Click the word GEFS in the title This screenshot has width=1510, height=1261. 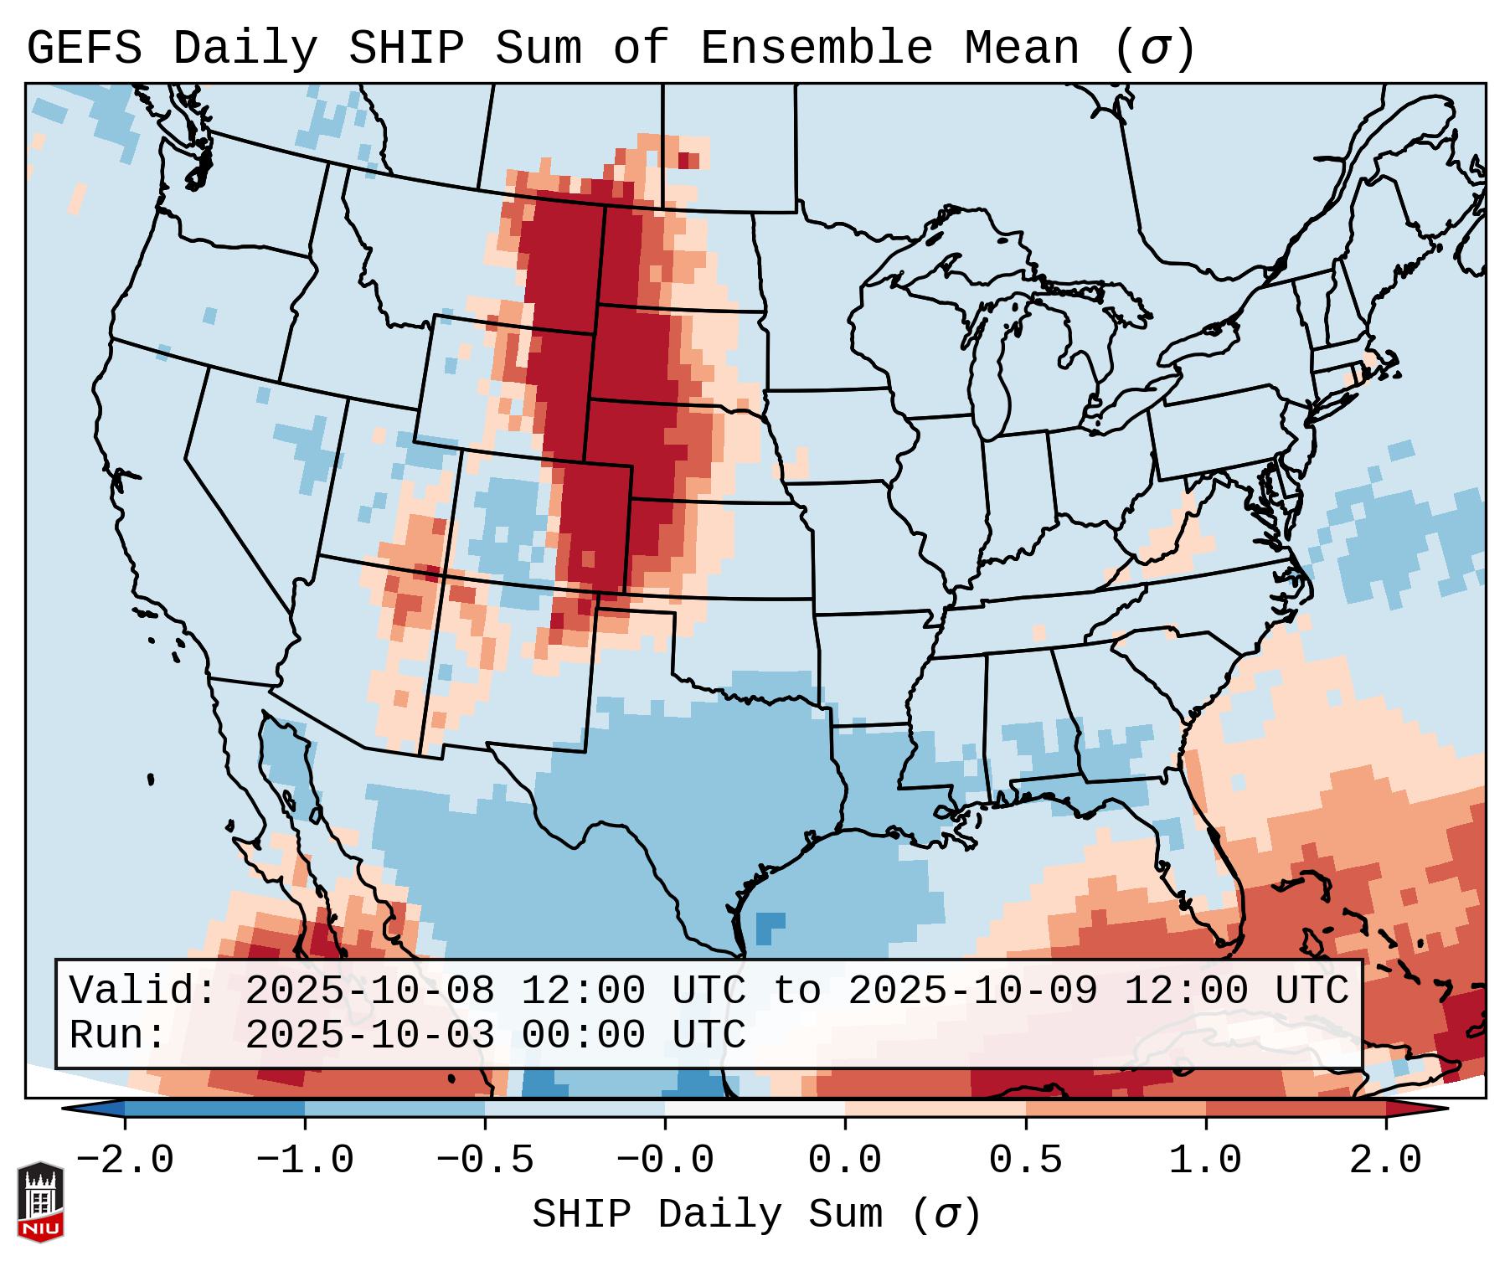click(x=84, y=48)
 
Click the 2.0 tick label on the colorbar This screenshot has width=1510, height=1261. click(x=1385, y=1161)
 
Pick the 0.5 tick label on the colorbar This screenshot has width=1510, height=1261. click(x=1025, y=1161)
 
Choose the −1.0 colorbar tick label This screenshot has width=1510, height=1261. click(x=304, y=1161)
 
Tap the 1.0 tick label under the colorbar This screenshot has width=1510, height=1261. click(x=1205, y=1161)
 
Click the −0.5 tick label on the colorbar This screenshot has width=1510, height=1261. click(x=484, y=1161)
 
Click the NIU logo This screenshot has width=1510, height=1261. click(x=40, y=1202)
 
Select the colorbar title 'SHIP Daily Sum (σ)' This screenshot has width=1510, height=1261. click(x=755, y=1214)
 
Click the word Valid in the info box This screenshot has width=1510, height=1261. click(x=142, y=991)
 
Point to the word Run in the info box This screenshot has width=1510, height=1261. click(x=117, y=1035)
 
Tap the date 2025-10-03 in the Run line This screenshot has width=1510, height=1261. click(x=369, y=1035)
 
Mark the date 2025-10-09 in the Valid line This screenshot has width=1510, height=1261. click(x=972, y=991)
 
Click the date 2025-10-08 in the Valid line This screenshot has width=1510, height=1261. click(x=369, y=991)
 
